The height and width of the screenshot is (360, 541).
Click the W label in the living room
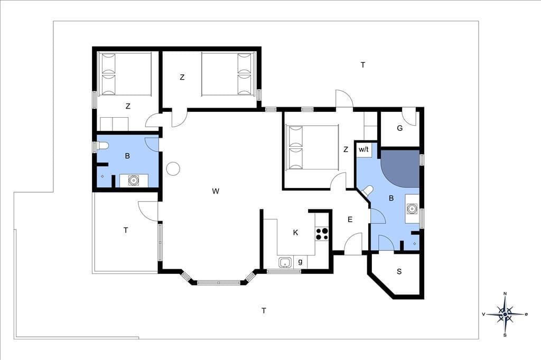pos(216,192)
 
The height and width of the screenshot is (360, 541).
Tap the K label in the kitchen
pos(295,233)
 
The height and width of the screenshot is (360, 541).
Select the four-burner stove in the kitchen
pos(322,233)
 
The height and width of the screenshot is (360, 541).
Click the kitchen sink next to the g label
pos(285,262)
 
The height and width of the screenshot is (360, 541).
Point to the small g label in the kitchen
pos(300,261)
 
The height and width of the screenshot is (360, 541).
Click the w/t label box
pos(363,149)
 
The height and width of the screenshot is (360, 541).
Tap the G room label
pos(400,128)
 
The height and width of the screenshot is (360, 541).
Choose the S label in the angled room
pos(399,272)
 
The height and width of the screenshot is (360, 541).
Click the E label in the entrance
pos(350,220)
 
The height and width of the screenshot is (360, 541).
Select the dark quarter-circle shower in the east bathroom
pos(404,167)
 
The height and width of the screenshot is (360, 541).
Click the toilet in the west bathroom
pos(103,146)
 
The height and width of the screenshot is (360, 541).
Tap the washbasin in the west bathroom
pos(133,180)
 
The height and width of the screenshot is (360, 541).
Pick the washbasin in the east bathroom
pos(412,209)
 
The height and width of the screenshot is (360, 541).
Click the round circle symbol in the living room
pos(173,168)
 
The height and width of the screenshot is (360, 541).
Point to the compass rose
pos(505,314)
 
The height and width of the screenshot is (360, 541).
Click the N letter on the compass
pos(505,294)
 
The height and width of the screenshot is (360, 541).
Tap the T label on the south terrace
pos(264,311)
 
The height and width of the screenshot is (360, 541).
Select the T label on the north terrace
pos(362,65)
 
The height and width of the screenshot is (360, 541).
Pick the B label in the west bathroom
pos(127,156)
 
